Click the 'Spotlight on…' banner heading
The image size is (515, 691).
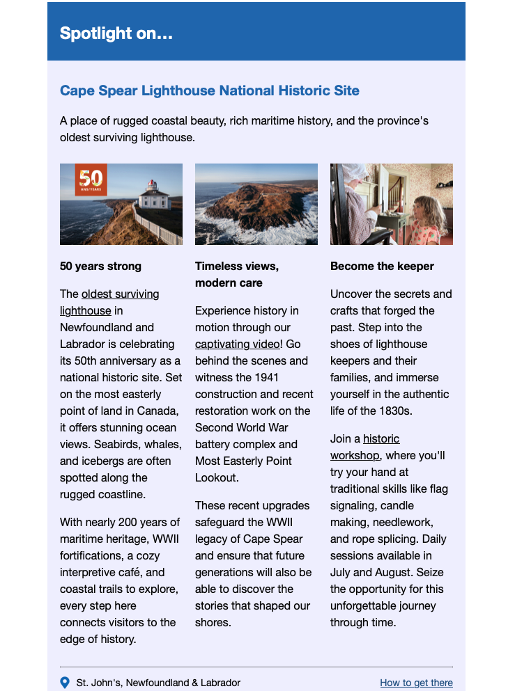[116, 33]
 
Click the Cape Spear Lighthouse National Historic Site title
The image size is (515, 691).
[209, 90]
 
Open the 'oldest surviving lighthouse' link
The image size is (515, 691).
[109, 302]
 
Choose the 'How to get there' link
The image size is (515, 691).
[416, 683]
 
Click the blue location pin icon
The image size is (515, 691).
[65, 683]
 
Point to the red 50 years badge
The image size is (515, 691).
[91, 181]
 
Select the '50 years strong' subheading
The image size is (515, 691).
[100, 266]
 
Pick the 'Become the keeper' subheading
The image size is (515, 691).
[382, 266]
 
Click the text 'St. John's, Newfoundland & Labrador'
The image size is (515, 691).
[158, 683]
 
